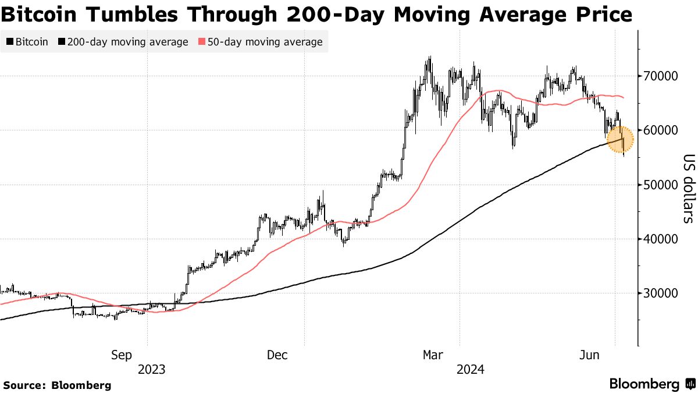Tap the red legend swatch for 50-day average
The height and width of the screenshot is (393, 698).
click(x=202, y=42)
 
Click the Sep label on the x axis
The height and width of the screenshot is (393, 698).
click(x=122, y=355)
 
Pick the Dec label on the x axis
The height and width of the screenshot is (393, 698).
click(x=277, y=355)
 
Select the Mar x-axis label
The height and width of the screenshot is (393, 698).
click(x=433, y=355)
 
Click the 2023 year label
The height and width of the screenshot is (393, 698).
click(x=152, y=370)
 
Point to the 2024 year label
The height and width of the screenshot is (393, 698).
click(x=470, y=370)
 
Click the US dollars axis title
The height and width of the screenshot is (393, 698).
click(x=688, y=189)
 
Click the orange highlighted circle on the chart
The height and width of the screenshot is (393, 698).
click(x=620, y=140)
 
